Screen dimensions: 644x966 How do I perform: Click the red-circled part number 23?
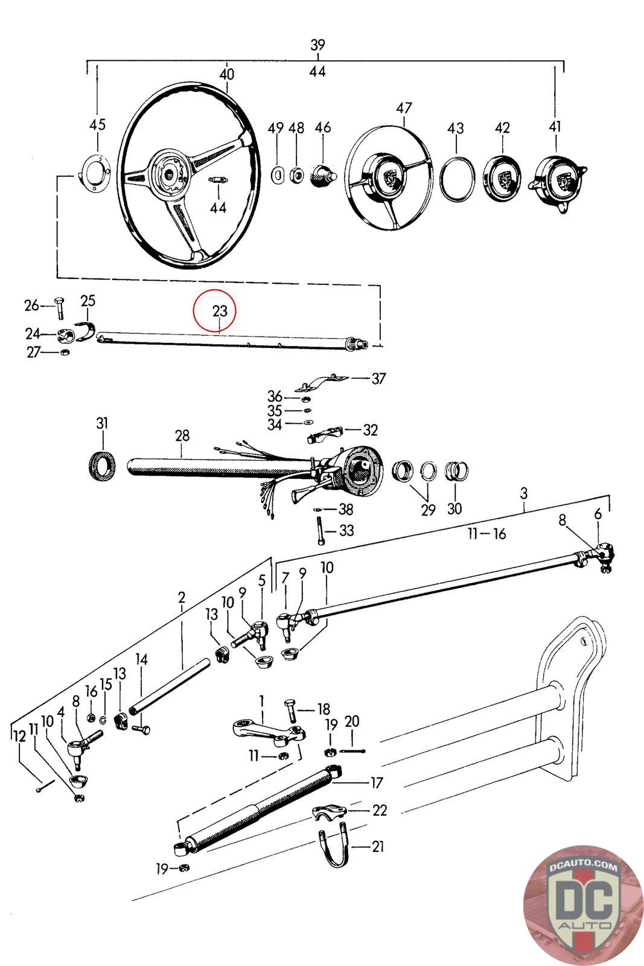(x=220, y=310)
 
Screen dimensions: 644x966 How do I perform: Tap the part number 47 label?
(x=404, y=107)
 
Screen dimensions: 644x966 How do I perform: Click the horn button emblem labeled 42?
(x=502, y=178)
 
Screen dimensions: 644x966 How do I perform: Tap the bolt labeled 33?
(x=319, y=531)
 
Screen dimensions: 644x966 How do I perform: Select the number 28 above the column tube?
(x=182, y=435)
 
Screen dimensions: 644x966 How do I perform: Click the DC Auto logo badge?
(x=582, y=904)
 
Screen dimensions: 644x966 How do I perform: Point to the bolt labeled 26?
(x=60, y=307)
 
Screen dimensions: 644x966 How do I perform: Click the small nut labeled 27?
(x=65, y=352)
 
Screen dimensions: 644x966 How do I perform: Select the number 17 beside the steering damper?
(x=376, y=782)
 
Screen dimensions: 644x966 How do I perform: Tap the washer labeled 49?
(x=278, y=176)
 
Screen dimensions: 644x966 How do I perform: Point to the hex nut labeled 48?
(x=296, y=175)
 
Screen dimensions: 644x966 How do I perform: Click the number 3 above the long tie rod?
(x=524, y=493)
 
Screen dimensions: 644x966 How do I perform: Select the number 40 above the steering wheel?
(x=227, y=75)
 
